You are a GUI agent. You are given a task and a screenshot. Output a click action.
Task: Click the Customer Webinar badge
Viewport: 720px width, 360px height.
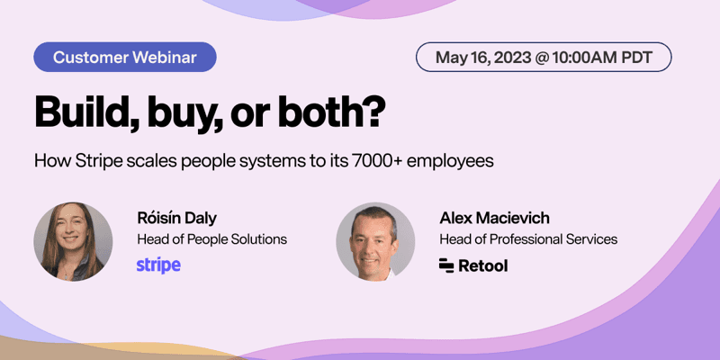click(127, 58)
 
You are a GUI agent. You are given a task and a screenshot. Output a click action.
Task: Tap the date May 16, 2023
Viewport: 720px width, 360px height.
click(482, 58)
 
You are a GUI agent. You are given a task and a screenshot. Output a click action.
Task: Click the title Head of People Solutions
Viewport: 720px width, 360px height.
click(211, 239)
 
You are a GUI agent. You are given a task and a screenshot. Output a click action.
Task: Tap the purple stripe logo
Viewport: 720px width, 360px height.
click(158, 265)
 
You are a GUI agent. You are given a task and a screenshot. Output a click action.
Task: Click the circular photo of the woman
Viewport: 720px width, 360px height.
click(73, 242)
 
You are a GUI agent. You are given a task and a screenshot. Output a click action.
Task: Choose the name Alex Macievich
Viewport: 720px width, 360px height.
click(494, 218)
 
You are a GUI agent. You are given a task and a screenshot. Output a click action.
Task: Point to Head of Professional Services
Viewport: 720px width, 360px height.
click(528, 239)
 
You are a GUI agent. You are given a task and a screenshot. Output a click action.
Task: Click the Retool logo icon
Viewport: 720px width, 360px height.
click(446, 265)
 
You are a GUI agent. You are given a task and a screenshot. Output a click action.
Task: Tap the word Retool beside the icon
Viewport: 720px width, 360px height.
click(485, 265)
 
